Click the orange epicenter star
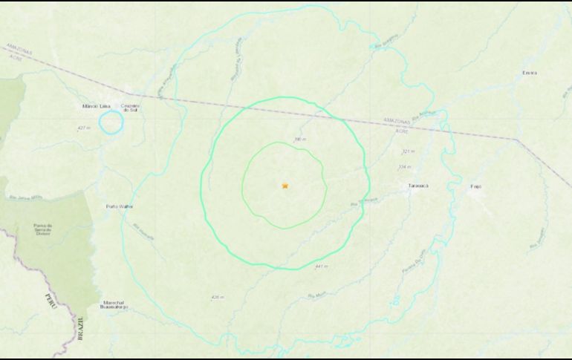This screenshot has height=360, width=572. pyautogui.click(x=285, y=186)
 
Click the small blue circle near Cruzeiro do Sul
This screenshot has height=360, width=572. pyautogui.click(x=111, y=122)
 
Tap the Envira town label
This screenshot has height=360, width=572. pyautogui.click(x=529, y=73)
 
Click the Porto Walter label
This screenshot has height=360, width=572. pyautogui.click(x=119, y=206)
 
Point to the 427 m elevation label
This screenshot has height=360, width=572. pyautogui.click(x=84, y=128)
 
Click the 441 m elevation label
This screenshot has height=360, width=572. pyautogui.click(x=321, y=266)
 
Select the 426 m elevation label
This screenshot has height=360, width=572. pyautogui.click(x=217, y=298)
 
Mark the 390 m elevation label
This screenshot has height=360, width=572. pyautogui.click(x=300, y=139)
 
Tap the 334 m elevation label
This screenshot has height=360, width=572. pyautogui.click(x=404, y=166)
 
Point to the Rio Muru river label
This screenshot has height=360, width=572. pyautogui.click(x=316, y=295)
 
